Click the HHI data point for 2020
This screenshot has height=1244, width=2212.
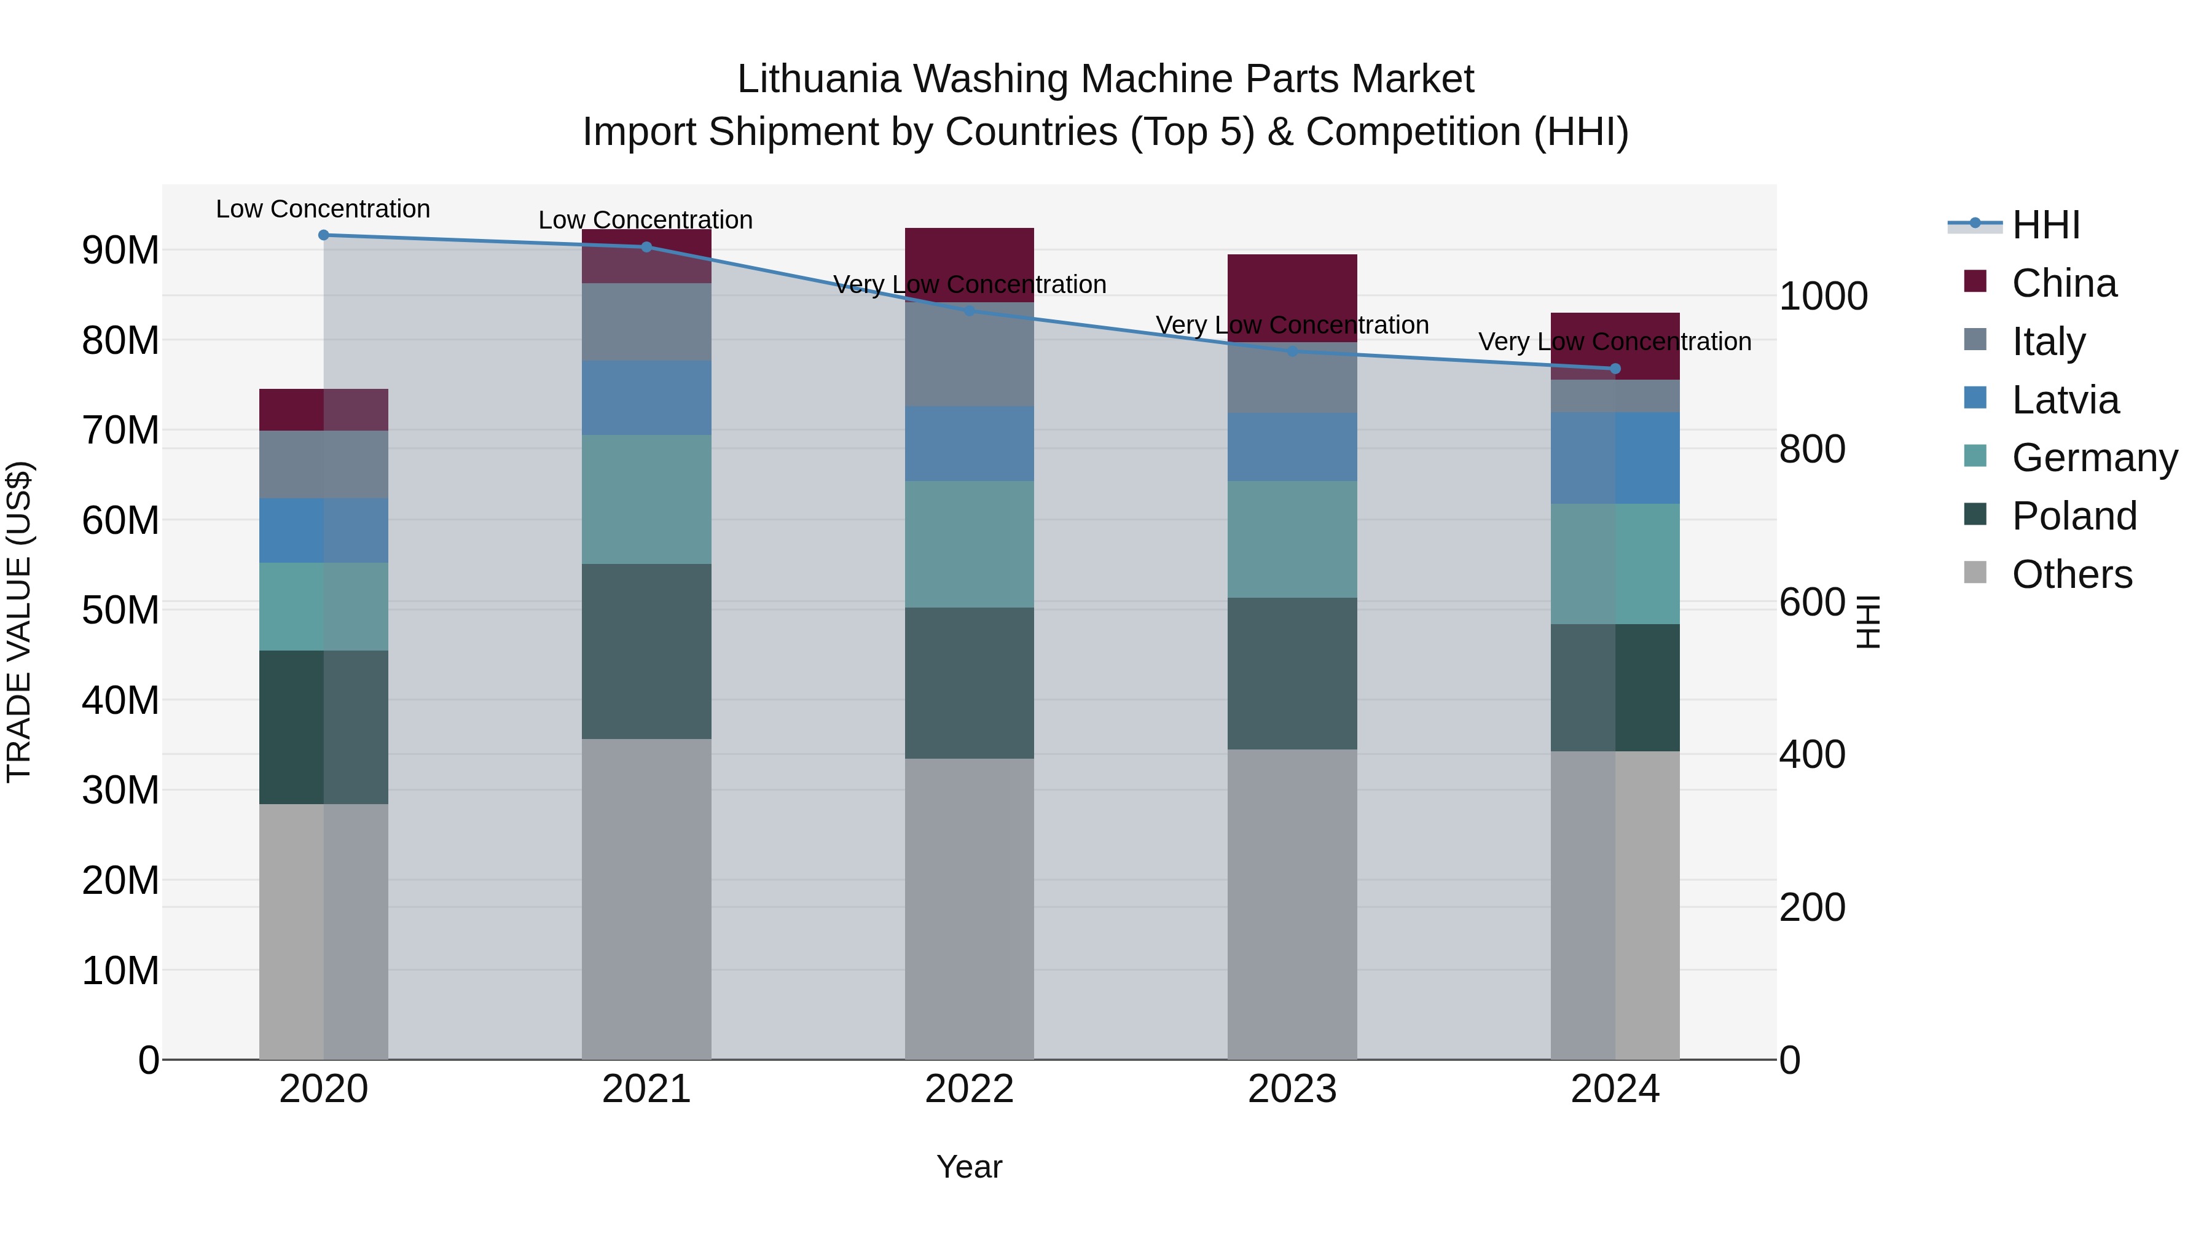coord(324,235)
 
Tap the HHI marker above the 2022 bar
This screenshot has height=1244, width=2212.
coord(970,311)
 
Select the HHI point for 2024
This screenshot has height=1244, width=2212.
coord(1615,369)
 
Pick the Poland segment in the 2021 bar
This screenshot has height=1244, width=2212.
coord(646,651)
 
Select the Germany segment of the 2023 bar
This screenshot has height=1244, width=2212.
coord(1292,539)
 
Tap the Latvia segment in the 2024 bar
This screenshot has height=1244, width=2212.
coord(1615,458)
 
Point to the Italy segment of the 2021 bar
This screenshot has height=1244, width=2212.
coord(646,322)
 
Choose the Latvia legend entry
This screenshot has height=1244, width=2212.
coord(2065,400)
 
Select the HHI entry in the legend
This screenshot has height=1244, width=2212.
coord(2045,225)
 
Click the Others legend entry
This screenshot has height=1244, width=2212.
coord(2071,574)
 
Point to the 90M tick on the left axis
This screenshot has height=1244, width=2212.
coord(121,251)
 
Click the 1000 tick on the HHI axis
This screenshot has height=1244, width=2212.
coord(1823,296)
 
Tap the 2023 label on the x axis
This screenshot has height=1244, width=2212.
coord(1292,1089)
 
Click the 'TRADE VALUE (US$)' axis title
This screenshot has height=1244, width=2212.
coord(20,622)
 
